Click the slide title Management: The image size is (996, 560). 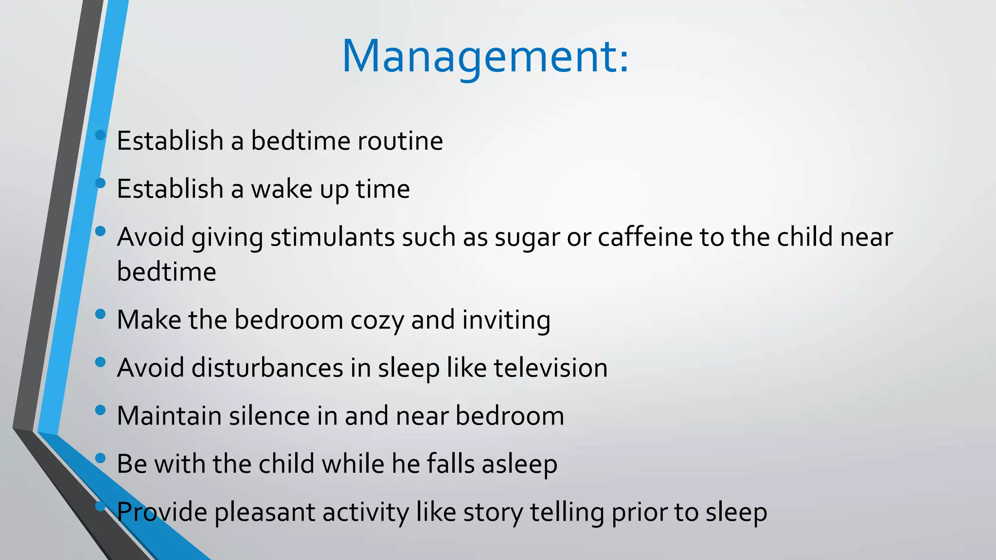[x=485, y=57]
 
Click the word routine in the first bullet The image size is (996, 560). [x=400, y=141]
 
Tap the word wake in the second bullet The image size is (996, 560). [x=282, y=189]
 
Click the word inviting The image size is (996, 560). [x=506, y=320]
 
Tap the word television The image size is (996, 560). [x=551, y=368]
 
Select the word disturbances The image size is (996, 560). [x=267, y=368]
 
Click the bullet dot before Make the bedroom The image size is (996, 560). [x=101, y=314]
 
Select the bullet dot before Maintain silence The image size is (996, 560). [x=101, y=410]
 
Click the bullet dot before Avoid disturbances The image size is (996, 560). [x=101, y=362]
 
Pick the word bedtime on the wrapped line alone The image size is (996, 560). [x=166, y=271]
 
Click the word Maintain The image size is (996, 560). [x=169, y=416]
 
